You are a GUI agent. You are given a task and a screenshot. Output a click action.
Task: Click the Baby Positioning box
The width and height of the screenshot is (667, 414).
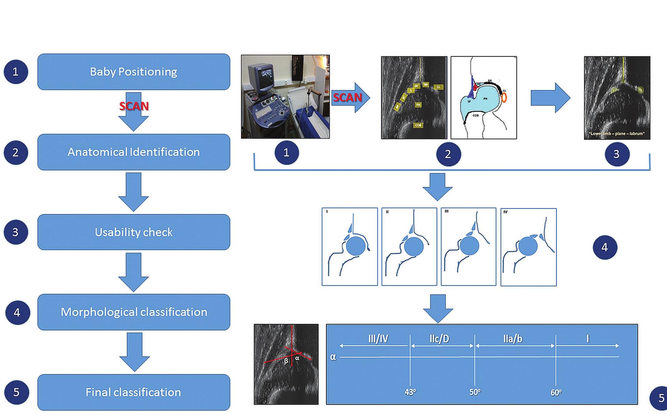(x=134, y=72)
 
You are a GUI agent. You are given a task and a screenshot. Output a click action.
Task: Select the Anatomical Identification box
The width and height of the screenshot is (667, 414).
(x=134, y=152)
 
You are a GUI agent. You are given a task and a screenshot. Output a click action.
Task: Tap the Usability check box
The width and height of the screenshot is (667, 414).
(x=134, y=232)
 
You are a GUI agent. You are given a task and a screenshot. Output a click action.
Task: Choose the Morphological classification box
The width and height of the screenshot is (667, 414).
(x=134, y=312)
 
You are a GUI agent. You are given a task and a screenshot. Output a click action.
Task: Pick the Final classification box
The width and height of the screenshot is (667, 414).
(x=134, y=392)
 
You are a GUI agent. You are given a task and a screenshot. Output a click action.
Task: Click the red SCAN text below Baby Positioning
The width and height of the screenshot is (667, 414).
(x=134, y=106)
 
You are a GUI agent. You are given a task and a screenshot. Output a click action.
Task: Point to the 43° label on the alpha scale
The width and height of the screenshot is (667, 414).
(x=410, y=392)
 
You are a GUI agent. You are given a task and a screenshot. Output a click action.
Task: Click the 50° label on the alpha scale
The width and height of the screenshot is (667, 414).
(x=475, y=392)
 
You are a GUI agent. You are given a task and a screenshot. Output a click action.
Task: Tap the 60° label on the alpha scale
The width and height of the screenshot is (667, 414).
(x=556, y=392)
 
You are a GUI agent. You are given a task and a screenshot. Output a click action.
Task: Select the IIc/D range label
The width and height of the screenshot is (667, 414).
(x=439, y=339)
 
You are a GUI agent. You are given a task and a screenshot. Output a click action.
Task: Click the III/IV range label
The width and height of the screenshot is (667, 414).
(x=378, y=339)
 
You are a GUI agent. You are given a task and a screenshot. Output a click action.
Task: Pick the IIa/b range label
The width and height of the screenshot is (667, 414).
(x=513, y=339)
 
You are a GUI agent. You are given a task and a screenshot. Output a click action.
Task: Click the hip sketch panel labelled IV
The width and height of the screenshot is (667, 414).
(x=528, y=247)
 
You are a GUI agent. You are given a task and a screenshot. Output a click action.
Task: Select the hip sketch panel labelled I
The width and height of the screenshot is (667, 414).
(x=350, y=247)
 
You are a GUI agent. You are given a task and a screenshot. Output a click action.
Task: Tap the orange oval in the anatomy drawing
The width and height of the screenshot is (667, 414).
(x=504, y=98)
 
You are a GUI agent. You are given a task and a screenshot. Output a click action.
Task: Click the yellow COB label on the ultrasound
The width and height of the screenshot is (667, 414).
(x=418, y=125)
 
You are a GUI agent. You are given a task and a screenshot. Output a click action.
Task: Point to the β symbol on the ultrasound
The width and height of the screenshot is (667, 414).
(x=286, y=361)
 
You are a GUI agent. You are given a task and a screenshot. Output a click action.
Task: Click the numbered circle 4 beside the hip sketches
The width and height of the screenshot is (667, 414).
(x=605, y=247)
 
